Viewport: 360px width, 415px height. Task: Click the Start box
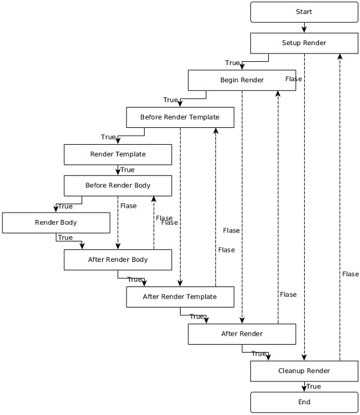click(304, 12)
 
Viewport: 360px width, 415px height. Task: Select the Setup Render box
click(304, 43)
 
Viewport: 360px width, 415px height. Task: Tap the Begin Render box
click(242, 80)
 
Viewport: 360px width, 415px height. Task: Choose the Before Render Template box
click(180, 117)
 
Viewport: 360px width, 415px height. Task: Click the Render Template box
click(118, 154)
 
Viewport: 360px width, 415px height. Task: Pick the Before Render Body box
click(118, 186)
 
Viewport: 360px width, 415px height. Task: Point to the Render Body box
click(56, 223)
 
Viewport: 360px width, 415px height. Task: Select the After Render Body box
click(118, 260)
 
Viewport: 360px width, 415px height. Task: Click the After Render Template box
click(180, 297)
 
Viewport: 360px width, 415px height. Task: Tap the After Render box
click(242, 334)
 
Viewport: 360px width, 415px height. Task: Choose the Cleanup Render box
click(304, 371)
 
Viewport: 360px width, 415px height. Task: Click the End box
click(304, 402)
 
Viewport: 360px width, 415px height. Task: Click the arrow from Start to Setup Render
click(304, 28)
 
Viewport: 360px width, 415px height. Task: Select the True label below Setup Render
click(232, 63)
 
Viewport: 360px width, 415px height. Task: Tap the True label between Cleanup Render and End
click(313, 387)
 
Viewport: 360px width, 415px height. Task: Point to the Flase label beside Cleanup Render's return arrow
click(350, 274)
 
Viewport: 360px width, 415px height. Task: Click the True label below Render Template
click(127, 170)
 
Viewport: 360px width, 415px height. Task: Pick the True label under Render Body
click(65, 238)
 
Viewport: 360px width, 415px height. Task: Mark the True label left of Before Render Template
click(170, 100)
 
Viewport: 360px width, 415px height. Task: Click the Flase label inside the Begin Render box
click(293, 79)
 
